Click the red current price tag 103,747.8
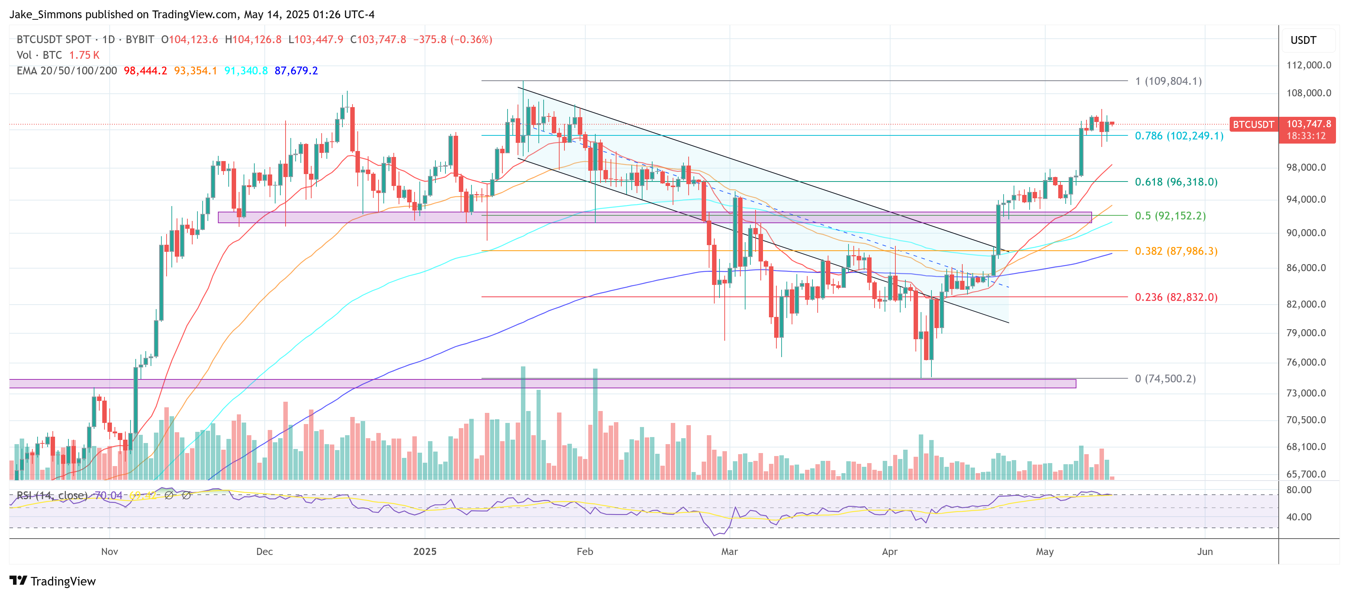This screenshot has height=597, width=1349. [1308, 124]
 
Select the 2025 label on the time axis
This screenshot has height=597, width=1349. [424, 552]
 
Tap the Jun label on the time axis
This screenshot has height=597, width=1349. [1204, 552]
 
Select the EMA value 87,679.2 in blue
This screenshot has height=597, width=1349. [296, 71]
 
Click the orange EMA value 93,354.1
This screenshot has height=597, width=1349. [195, 71]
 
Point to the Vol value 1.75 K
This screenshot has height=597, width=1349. [84, 55]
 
